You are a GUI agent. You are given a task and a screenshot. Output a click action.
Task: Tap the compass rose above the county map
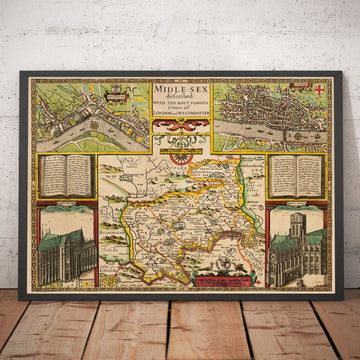click(x=181, y=152)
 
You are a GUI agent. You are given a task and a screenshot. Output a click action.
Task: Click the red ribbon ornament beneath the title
click(x=180, y=126)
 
